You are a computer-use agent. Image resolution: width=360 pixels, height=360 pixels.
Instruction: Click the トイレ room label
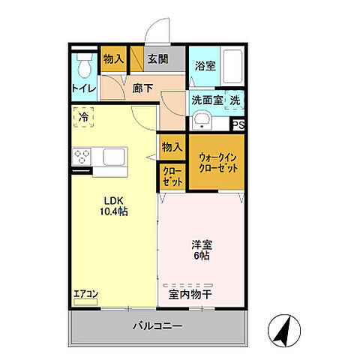pos(83,88)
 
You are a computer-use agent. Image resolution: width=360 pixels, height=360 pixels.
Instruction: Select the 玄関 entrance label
pos(156,58)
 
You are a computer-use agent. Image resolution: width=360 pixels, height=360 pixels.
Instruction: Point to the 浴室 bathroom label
pos(206,66)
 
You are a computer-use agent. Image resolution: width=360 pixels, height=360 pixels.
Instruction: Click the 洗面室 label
pos(206,99)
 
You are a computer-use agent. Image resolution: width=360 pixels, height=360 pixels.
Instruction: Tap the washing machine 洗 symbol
pos(235,100)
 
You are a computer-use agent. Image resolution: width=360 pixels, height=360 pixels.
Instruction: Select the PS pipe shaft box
pos(238,125)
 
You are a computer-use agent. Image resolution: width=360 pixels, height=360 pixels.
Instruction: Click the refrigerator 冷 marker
pos(84,118)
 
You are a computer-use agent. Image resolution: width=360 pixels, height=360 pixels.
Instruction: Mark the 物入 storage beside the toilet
pos(113,58)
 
